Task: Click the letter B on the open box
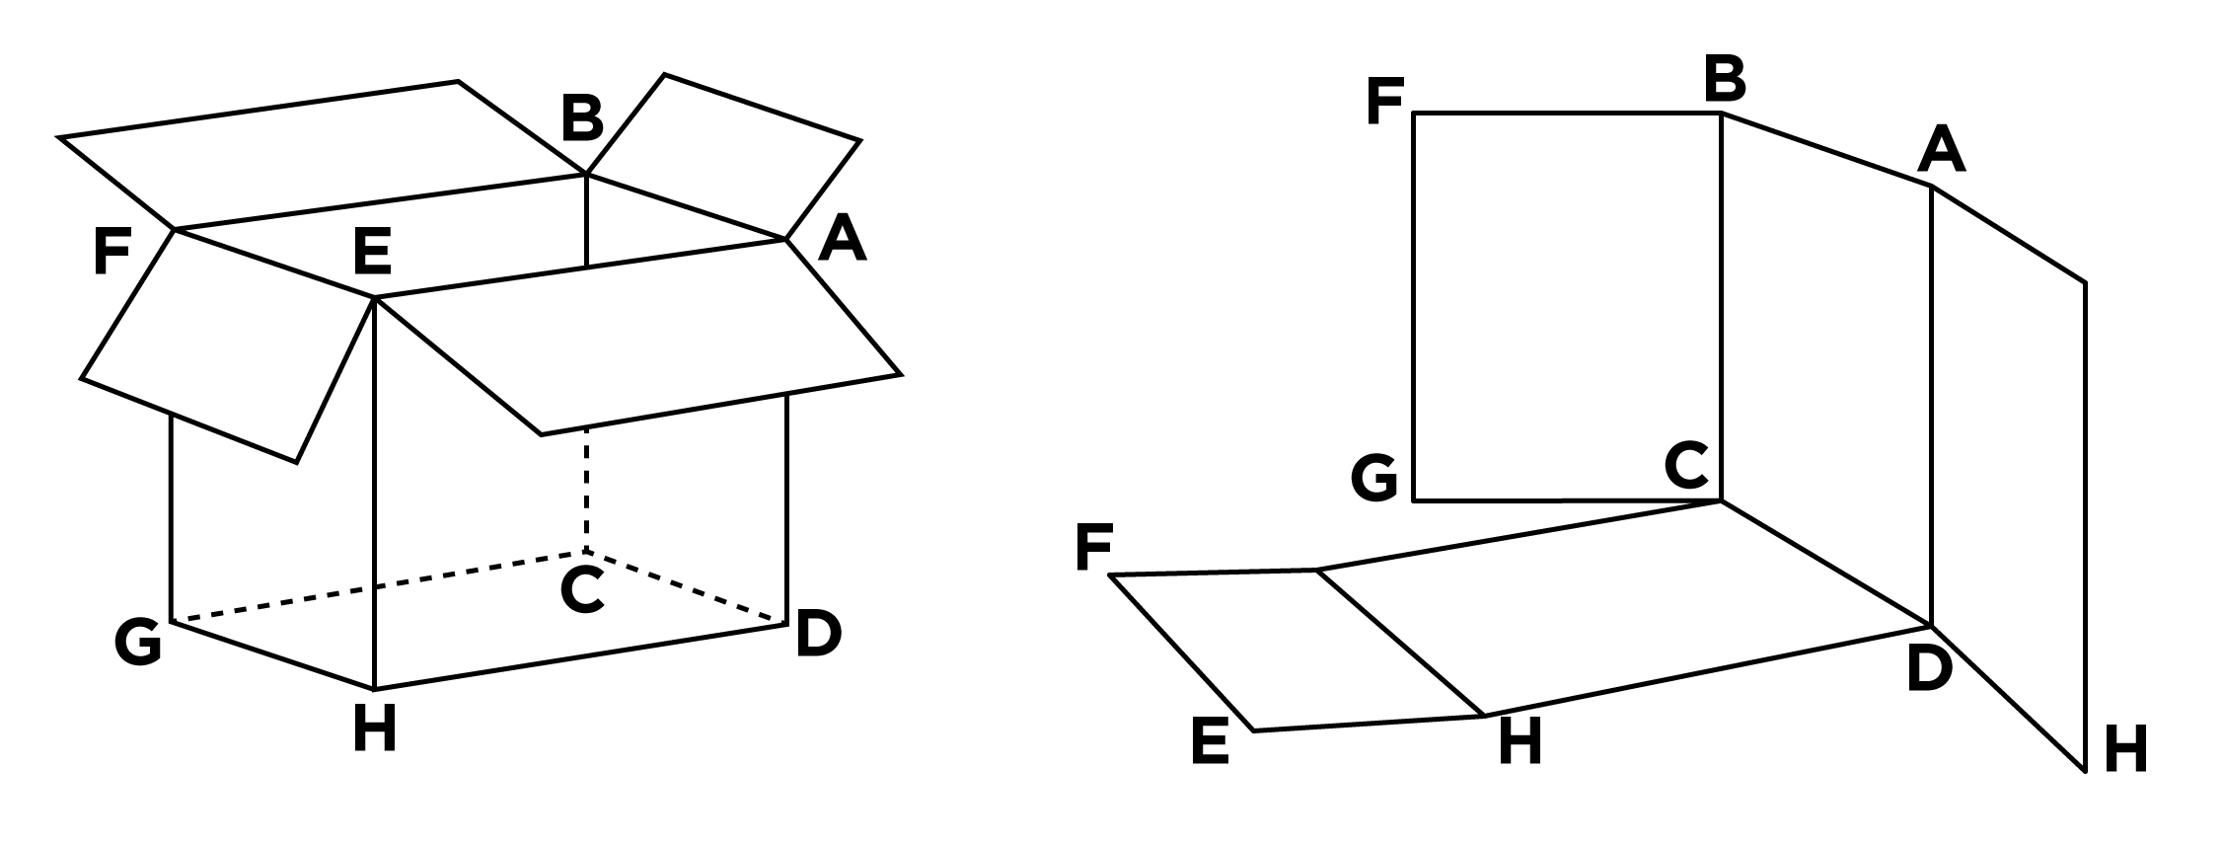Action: (582, 118)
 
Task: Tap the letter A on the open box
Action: (842, 239)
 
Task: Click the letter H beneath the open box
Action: (375, 731)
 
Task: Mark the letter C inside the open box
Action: (582, 590)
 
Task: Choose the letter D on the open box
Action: (818, 634)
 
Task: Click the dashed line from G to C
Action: (379, 586)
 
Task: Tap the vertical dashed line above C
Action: (586, 491)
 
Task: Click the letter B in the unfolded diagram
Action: (1725, 79)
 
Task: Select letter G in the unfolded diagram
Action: (1374, 479)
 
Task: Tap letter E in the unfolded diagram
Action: (1211, 741)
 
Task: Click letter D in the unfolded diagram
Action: (1929, 669)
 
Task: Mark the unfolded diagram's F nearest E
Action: (1094, 548)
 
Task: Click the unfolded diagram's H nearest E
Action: (1520, 741)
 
